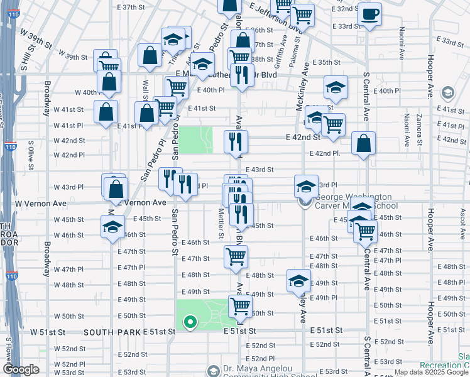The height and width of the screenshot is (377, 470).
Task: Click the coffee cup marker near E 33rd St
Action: coord(371,14)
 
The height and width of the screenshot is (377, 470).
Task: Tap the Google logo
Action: coord(21,369)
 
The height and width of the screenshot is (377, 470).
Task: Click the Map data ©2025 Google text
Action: coord(431,372)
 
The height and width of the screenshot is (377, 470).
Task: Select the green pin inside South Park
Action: coord(189,323)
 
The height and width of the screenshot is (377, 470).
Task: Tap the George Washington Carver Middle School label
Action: coord(355,201)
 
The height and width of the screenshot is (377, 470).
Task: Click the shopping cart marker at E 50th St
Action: coord(240,307)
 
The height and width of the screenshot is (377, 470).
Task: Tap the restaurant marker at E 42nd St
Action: coord(236,142)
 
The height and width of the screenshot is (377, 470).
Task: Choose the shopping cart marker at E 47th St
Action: coord(236,256)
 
